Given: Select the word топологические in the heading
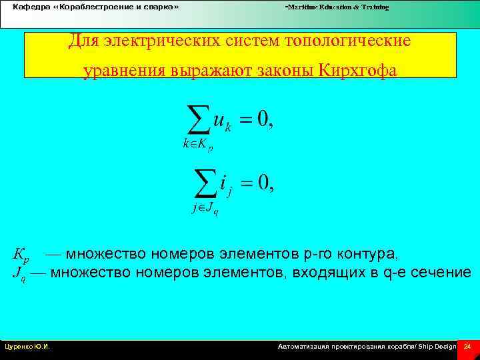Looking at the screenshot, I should click(347, 41).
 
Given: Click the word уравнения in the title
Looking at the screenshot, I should click(123, 71).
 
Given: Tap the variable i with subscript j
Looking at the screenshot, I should click(226, 183).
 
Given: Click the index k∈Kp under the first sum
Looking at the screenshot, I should click(198, 145).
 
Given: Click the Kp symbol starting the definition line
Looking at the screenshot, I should click(21, 255).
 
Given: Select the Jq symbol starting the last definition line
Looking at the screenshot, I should click(19, 273).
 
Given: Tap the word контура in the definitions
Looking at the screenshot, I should click(370, 254).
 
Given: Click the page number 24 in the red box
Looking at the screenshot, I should click(467, 347).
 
